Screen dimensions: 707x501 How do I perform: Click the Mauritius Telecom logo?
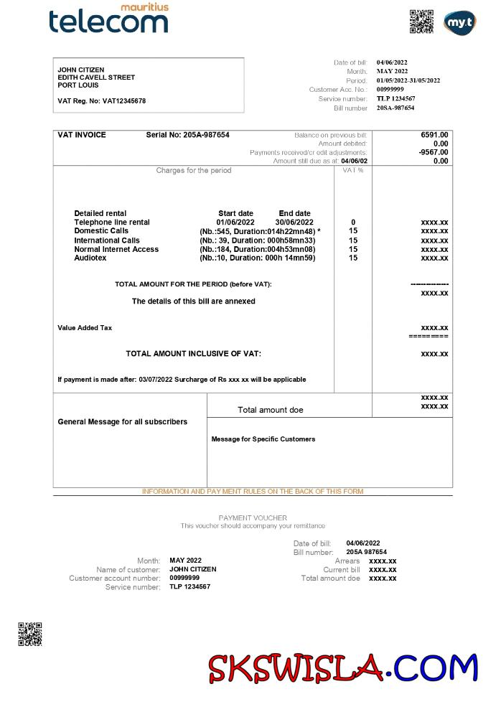109,19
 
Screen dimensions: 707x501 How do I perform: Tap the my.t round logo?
459,22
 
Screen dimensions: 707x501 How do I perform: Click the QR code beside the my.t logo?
421,22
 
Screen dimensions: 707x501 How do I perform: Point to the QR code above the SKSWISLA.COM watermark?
29,634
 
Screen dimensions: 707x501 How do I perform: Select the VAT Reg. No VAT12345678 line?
101,101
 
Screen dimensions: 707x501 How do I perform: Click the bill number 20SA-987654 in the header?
395,108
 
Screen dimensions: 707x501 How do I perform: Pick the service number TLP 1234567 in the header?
395,98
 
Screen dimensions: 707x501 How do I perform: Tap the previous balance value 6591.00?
434,135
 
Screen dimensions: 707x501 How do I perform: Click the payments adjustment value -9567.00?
433,152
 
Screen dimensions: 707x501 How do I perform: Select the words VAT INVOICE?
82,135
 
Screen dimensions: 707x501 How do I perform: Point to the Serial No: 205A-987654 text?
187,135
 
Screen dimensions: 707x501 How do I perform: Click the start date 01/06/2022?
235,223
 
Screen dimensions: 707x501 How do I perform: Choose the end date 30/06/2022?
295,223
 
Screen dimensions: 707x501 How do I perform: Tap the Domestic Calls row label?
101,231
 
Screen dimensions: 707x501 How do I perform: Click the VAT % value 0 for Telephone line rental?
353,223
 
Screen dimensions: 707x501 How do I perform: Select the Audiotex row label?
90,258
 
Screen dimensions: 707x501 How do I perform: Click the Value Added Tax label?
85,328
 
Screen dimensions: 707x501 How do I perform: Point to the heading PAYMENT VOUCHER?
253,518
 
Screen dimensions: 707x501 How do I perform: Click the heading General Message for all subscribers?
122,422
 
